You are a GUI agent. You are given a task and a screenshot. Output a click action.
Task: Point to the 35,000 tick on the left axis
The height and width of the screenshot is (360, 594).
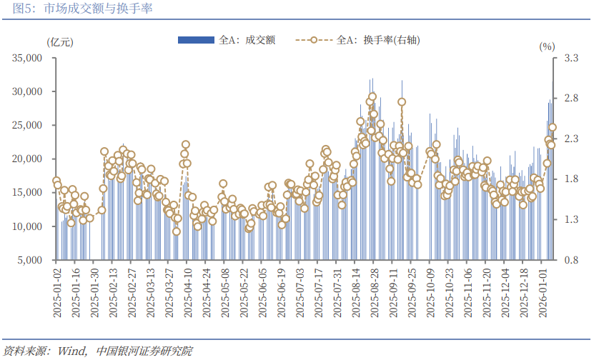[30, 58]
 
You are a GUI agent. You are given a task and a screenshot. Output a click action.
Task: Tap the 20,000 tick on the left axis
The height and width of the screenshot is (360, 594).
[30, 159]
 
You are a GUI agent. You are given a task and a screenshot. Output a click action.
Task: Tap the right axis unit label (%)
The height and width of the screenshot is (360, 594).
[546, 46]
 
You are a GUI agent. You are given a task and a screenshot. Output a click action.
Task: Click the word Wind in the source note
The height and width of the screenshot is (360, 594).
[71, 351]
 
